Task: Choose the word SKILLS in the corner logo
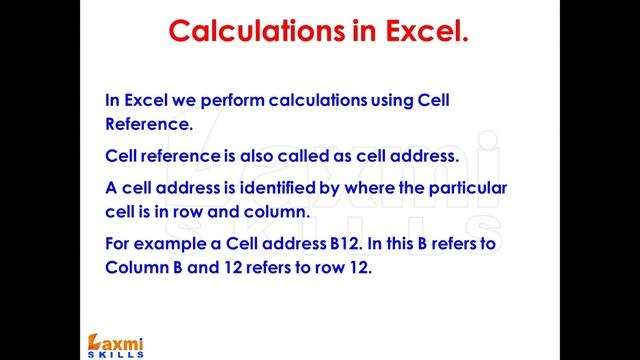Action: pyautogui.click(x=114, y=353)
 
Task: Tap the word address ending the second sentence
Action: pyautogui.click(x=424, y=156)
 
